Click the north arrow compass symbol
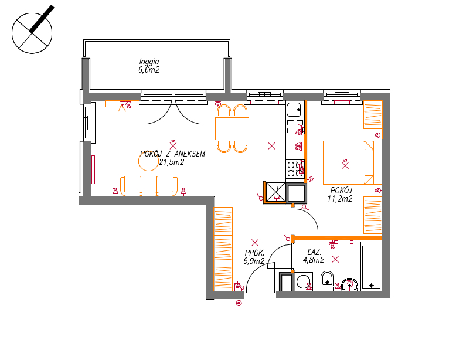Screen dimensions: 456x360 point(32,33)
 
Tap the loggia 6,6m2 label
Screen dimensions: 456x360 point(149,66)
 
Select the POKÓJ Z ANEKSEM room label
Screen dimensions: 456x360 point(173,154)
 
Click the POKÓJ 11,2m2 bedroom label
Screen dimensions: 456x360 point(341,195)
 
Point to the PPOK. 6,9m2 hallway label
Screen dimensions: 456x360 point(254,257)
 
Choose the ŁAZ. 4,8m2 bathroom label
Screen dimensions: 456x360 point(314,256)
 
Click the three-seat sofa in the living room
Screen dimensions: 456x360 point(149,186)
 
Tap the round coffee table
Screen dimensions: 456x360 point(148,161)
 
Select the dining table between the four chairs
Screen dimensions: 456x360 point(232,128)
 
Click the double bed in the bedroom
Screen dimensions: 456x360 point(348,162)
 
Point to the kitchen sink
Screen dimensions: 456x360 point(294,110)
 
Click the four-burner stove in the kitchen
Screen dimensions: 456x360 point(295,169)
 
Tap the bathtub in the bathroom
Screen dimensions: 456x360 point(371,266)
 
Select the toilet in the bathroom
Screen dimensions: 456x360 point(327,280)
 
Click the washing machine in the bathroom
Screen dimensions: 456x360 point(304,281)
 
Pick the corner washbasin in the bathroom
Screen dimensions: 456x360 point(349,284)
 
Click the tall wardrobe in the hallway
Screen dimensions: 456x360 point(223,249)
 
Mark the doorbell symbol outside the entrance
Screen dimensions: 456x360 point(239,303)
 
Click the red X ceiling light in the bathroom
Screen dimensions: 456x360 point(335,259)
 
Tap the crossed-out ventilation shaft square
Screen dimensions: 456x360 point(275,192)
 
